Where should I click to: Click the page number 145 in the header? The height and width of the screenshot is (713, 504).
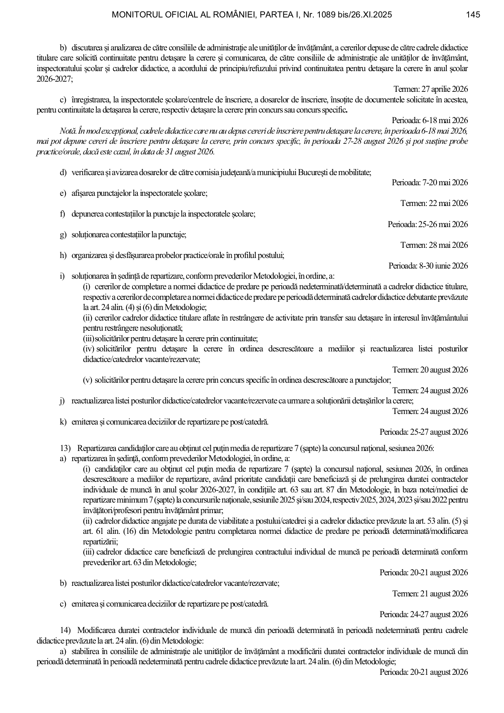point(473,15)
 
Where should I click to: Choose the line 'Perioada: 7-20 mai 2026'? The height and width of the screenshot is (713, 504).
point(430,183)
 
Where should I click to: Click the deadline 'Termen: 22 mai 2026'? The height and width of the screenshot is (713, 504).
point(434,204)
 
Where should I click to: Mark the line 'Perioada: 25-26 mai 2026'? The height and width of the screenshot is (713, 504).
point(428,224)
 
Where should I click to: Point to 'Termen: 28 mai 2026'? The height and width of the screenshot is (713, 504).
point(434,245)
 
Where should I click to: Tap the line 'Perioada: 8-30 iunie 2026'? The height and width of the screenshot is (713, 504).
point(428,266)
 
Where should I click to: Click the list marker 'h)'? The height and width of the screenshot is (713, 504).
point(63,256)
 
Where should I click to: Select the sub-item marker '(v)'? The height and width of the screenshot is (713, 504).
point(88,380)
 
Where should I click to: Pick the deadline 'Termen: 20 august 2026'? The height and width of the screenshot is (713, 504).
point(430,370)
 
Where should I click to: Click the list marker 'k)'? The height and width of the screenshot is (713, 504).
point(63,422)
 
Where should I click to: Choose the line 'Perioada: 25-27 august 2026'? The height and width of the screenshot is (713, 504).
point(424,432)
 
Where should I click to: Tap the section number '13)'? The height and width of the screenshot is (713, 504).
point(65,449)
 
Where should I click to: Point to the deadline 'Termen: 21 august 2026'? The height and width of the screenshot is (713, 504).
point(430,594)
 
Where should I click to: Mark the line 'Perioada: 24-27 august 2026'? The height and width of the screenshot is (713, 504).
point(424,614)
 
